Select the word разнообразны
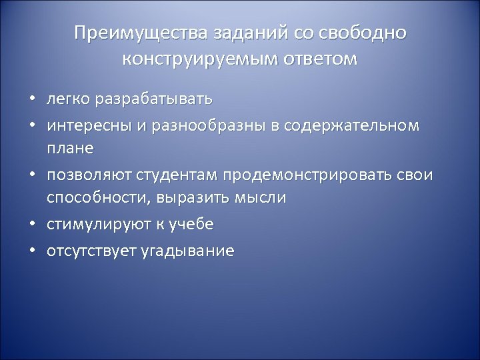[x=186, y=124]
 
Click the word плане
[x=70, y=148]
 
